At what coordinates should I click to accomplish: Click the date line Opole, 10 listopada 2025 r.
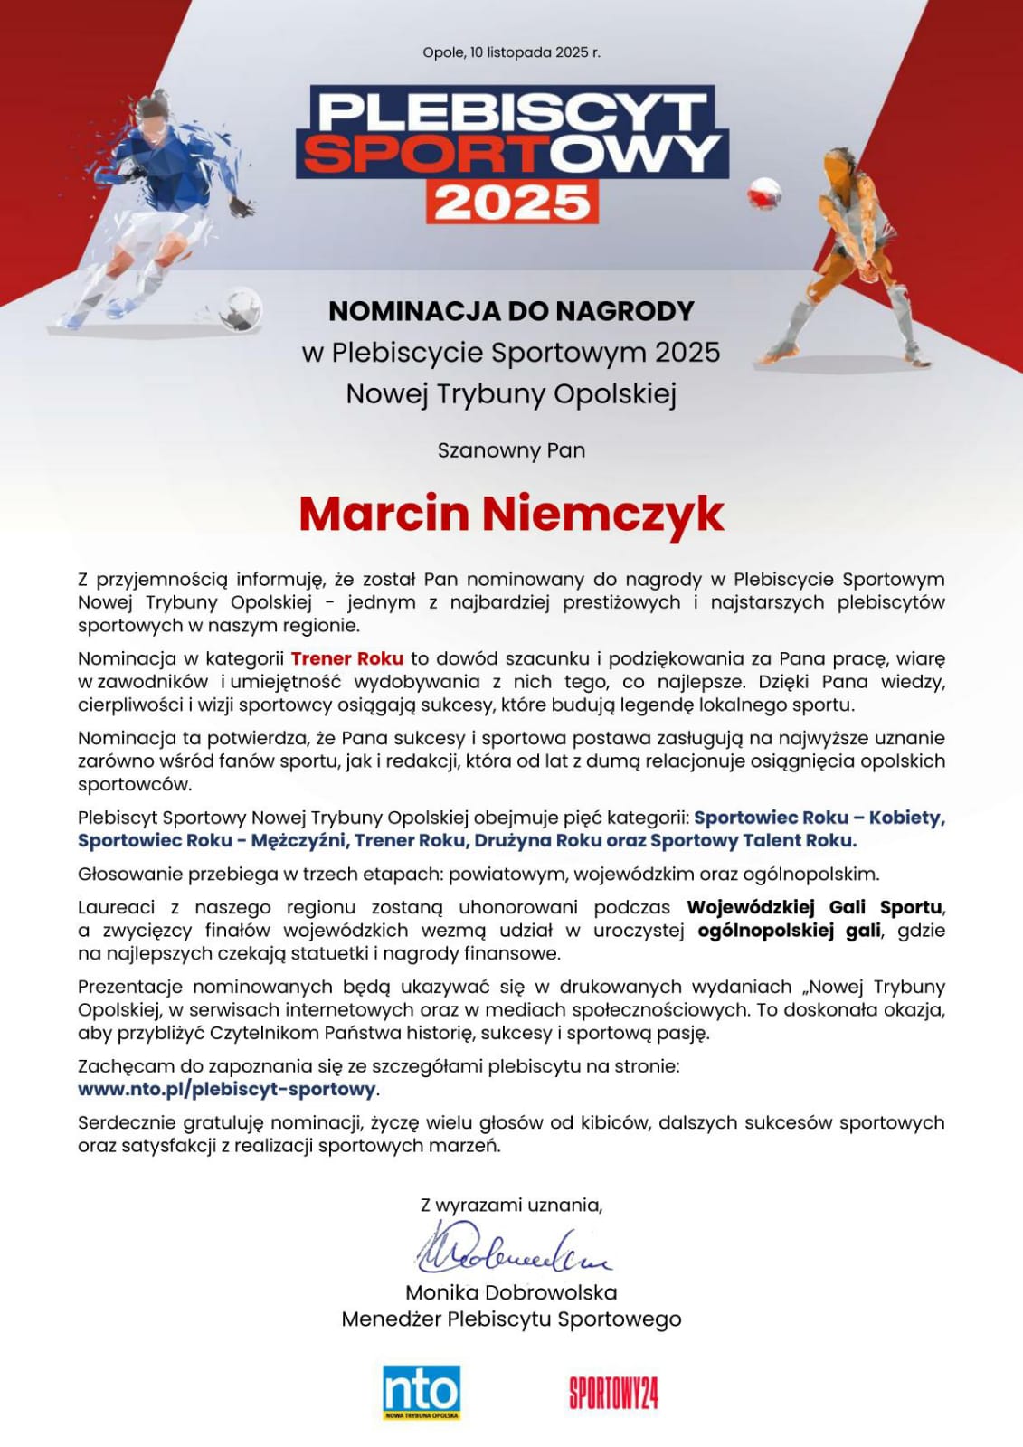pos(511,52)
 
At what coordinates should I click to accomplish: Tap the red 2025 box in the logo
pos(512,202)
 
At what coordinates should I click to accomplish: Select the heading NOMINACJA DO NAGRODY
pos(511,311)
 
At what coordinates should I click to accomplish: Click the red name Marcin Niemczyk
pos(511,514)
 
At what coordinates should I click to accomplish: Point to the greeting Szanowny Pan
pos(511,450)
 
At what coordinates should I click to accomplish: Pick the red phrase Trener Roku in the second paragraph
pos(347,658)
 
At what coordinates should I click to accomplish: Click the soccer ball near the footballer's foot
pos(241,308)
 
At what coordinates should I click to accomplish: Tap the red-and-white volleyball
pos(764,193)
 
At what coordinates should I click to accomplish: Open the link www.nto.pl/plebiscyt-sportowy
pos(226,1089)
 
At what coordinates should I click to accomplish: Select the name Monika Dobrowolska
pos(511,1292)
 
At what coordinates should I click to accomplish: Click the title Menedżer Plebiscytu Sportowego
pos(511,1319)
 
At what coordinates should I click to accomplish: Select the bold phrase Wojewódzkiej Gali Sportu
pos(814,907)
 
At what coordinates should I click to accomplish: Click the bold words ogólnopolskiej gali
pos(789,931)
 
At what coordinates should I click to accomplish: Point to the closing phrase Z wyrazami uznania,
pos(511,1205)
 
